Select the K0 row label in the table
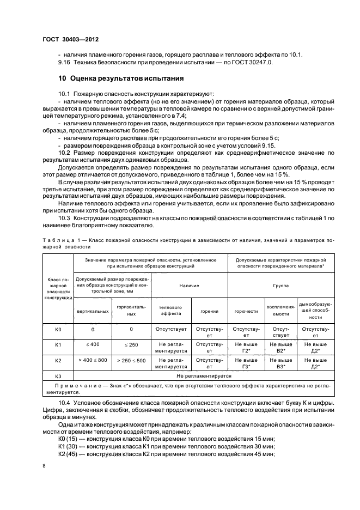pos(59,330)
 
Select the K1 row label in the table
pos(59,345)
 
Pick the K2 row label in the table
pos(59,360)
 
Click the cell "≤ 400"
pos(93,345)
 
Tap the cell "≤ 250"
pos(131,345)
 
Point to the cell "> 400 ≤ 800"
pos(93,360)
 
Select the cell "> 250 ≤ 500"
pos(131,360)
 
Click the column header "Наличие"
pos(189,285)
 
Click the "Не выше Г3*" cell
pos(246,363)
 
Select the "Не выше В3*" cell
pos(281,363)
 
